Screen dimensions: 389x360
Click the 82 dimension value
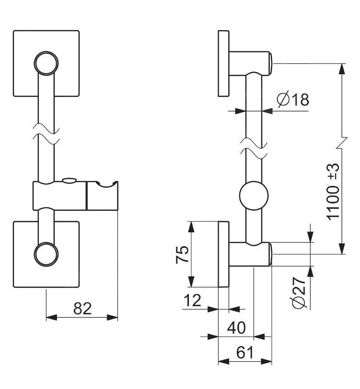[82, 308]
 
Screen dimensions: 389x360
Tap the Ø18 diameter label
[293, 100]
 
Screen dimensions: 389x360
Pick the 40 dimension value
[236, 328]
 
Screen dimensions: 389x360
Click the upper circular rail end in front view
[46, 63]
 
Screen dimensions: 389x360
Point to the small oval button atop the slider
[69, 181]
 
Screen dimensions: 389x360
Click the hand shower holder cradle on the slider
[102, 195]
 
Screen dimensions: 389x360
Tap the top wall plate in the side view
[223, 63]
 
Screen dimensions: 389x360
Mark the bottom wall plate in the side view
[223, 254]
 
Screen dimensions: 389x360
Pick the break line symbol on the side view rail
[254, 149]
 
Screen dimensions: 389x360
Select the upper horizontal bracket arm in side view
[249, 63]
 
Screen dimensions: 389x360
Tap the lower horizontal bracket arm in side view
[249, 254]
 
